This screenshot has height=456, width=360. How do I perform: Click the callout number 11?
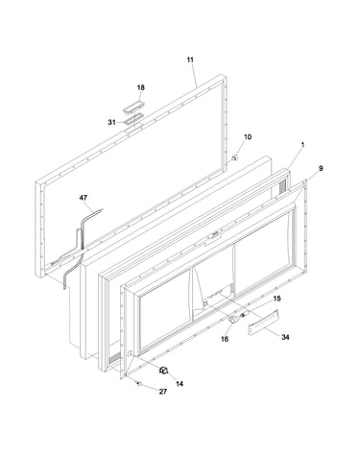pyautogui.click(x=190, y=60)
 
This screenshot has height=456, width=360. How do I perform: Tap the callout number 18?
pyautogui.click(x=141, y=87)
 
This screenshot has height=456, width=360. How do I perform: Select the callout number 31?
pyautogui.click(x=111, y=122)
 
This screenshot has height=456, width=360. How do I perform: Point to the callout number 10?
pyautogui.click(x=248, y=137)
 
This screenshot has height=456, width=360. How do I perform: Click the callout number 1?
pyautogui.click(x=302, y=145)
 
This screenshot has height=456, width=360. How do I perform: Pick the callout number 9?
pyautogui.click(x=321, y=168)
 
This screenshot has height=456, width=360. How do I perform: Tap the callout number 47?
pyautogui.click(x=84, y=198)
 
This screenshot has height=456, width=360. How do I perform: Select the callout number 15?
pyautogui.click(x=276, y=299)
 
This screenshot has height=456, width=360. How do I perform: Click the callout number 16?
pyautogui.click(x=225, y=339)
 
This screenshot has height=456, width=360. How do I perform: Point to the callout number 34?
pyautogui.click(x=285, y=337)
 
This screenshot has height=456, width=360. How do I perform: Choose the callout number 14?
pyautogui.click(x=180, y=383)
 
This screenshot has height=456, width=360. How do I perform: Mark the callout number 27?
pyautogui.click(x=163, y=392)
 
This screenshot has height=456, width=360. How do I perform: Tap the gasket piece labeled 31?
pyautogui.click(x=133, y=119)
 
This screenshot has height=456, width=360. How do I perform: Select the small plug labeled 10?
pyautogui.click(x=234, y=157)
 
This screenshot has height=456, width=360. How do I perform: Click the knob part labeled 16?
pyautogui.click(x=234, y=320)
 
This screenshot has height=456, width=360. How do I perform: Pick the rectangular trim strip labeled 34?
pyautogui.click(x=264, y=323)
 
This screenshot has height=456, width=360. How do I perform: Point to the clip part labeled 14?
pyautogui.click(x=164, y=371)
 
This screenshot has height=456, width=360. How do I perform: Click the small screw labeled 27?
pyautogui.click(x=139, y=383)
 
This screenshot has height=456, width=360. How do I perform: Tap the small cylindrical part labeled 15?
pyautogui.click(x=246, y=316)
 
